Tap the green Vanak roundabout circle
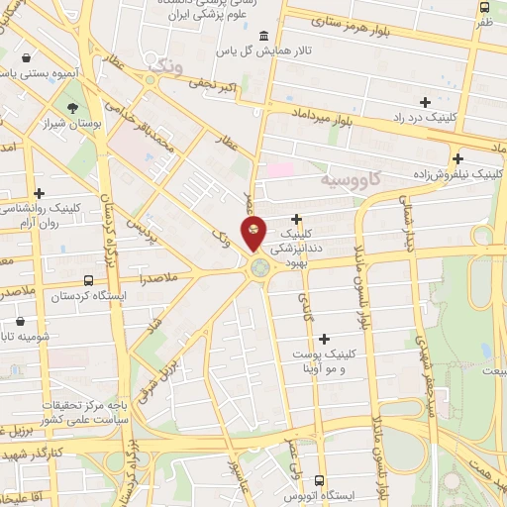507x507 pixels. coord(259,266)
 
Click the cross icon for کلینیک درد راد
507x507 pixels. coord(425,101)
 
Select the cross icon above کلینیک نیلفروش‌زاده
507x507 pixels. coord(457,158)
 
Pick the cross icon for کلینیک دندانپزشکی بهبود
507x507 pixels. coord(296,219)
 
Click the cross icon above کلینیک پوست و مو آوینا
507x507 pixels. coord(324,339)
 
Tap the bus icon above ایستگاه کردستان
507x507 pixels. coord(90,280)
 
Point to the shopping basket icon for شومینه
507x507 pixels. coord(22,321)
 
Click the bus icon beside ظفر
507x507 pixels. coord(484,7)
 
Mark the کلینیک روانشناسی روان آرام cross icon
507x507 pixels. coord(39,193)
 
